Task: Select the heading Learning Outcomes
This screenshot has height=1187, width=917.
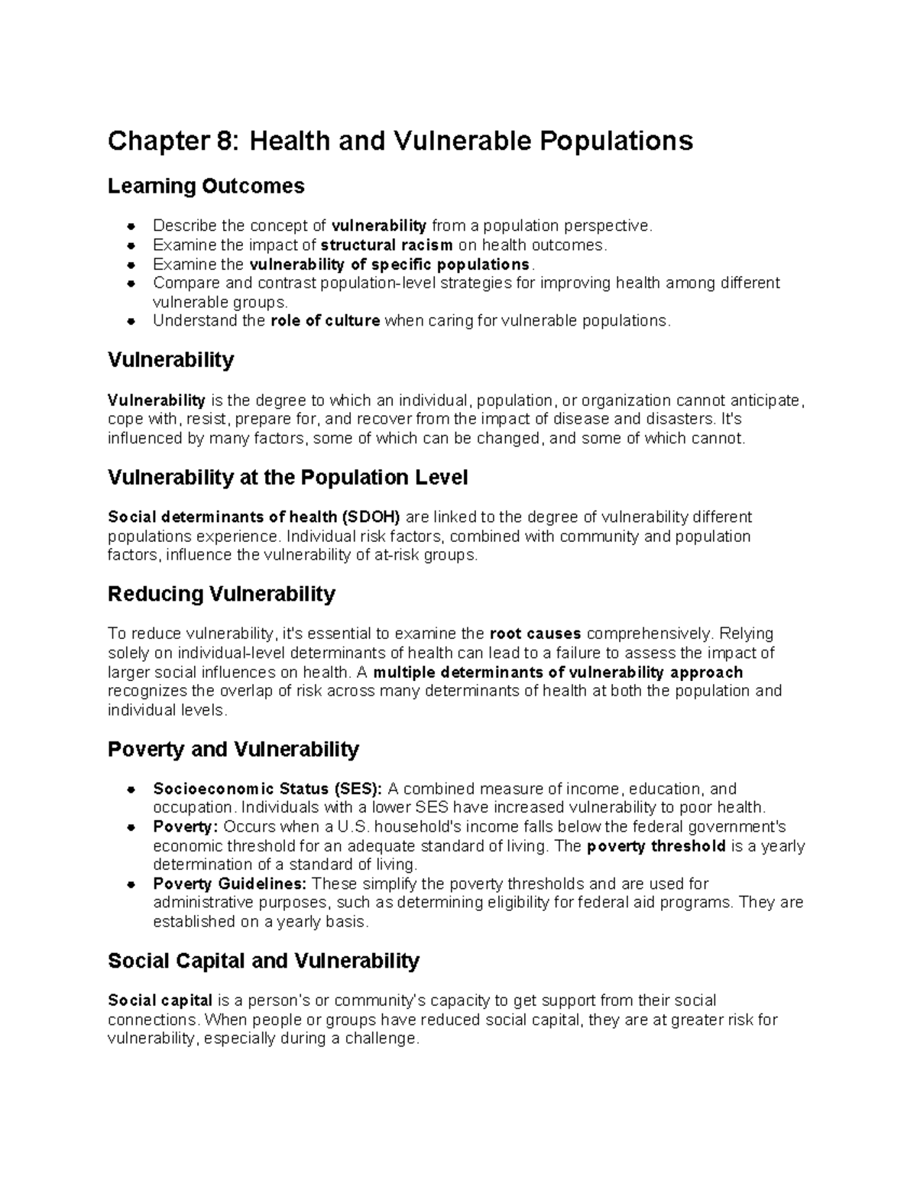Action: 206,186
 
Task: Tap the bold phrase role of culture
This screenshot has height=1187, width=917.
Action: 325,321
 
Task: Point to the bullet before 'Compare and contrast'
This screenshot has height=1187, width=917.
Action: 132,284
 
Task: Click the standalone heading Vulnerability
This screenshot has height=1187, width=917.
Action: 170,360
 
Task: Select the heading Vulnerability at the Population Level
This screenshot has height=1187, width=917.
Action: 287,478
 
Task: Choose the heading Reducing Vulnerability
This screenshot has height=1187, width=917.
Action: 222,594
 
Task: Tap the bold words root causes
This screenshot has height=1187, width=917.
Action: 535,634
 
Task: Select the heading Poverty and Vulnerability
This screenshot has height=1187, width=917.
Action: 233,749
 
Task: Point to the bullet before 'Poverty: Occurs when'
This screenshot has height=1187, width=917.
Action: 132,828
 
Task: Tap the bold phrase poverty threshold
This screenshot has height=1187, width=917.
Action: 656,846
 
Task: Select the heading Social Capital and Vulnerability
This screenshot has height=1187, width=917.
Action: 264,961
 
